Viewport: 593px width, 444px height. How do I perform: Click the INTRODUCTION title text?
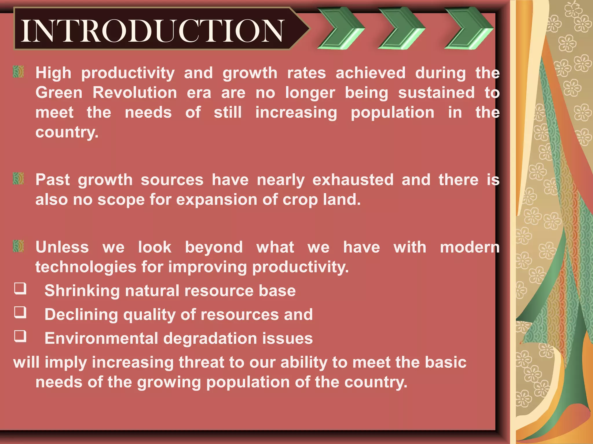pos(153,30)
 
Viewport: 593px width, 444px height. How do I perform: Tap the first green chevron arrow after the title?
pos(341,28)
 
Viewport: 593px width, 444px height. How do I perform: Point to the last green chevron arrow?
pos(468,28)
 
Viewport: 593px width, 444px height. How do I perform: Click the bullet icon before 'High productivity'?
pos(19,72)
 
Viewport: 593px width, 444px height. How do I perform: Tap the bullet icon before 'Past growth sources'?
pos(19,179)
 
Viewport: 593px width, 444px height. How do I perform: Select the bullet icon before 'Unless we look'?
pos(19,246)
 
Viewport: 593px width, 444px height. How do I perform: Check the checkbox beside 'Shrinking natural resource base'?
pos(20,288)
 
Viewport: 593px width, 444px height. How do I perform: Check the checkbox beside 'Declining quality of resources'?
pos(20,312)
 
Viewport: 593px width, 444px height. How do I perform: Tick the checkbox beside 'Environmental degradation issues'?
pos(20,336)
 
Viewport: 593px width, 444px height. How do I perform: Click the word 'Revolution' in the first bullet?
pos(135,93)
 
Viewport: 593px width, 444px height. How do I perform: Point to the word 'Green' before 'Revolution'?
pos(59,93)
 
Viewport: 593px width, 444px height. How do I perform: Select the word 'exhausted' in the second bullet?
pos(353,180)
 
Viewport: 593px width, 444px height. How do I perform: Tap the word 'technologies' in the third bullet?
pos(86,267)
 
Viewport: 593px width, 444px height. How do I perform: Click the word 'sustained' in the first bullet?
pos(436,93)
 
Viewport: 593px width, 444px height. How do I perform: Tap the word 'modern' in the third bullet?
pos(470,247)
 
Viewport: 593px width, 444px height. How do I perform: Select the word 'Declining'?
pos(81,315)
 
